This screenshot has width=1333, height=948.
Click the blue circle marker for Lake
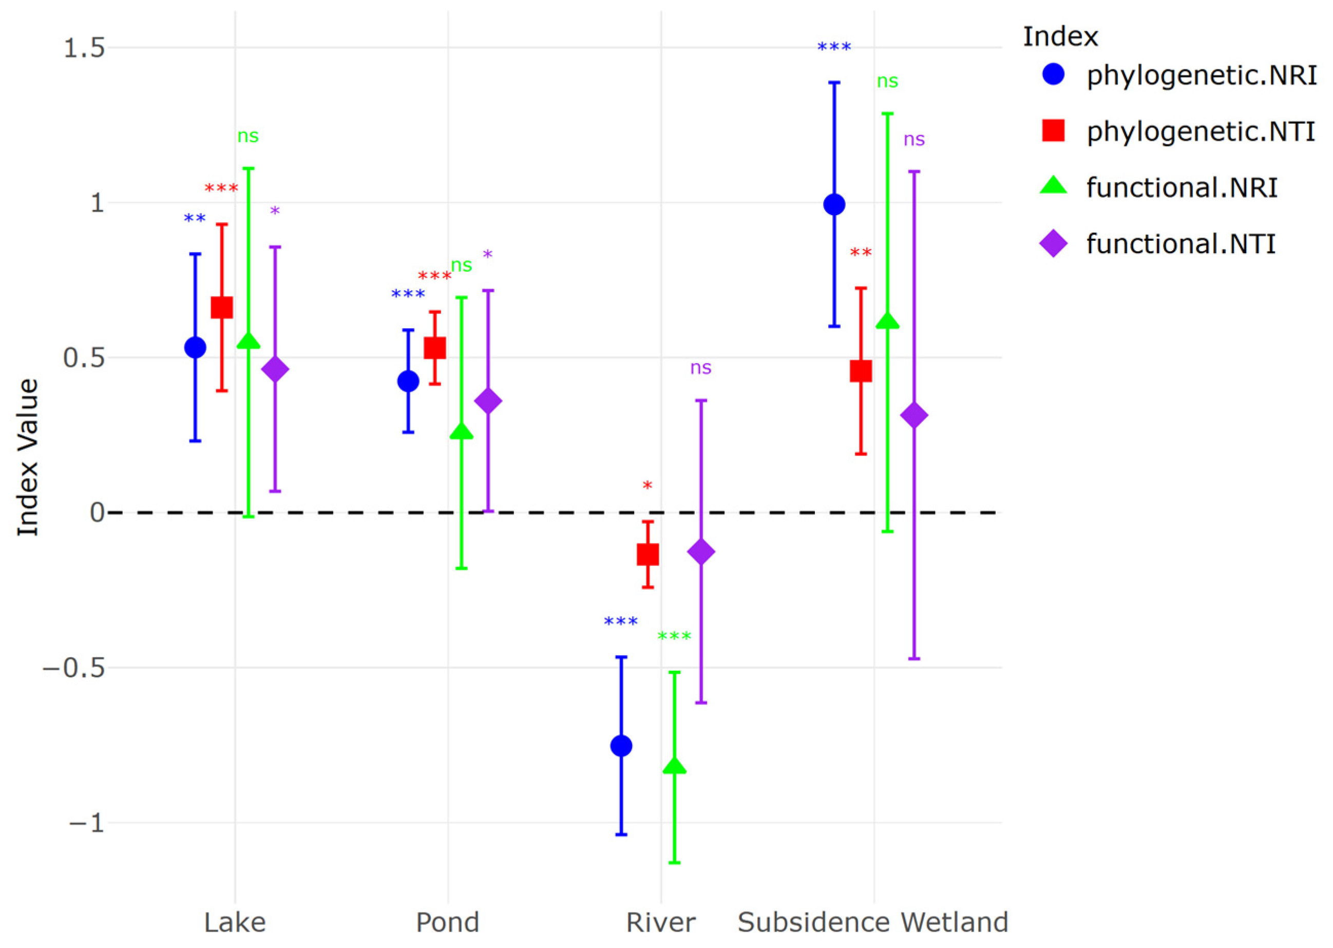(195, 348)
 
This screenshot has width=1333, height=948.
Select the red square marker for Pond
(435, 348)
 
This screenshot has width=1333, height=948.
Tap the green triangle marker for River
(675, 766)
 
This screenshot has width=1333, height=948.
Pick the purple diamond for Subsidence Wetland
(915, 415)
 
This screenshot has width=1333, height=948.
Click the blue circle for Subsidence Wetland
(834, 205)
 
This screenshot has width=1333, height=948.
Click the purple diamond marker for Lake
(275, 370)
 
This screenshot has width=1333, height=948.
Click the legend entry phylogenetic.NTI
(1200, 131)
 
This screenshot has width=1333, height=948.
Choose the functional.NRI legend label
(1181, 187)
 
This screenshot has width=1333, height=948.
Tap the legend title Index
(1060, 37)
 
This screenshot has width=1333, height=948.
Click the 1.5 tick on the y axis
(84, 48)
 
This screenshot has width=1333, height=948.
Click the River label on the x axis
(661, 923)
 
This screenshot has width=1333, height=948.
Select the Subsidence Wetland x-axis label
(873, 923)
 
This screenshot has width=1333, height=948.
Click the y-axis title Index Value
(27, 458)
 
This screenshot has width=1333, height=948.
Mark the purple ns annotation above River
(701, 368)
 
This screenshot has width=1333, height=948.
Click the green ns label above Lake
(248, 136)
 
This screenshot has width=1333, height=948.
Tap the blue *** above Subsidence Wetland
(834, 47)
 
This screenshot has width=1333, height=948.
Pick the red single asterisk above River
(647, 485)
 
